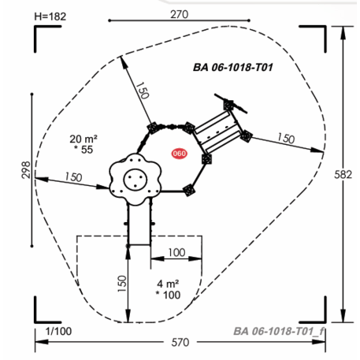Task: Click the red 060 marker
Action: click(x=179, y=154)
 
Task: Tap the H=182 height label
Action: click(x=50, y=17)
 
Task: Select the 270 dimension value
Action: click(x=179, y=14)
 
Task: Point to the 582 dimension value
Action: click(x=343, y=175)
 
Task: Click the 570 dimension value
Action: click(x=180, y=343)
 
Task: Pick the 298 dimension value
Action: click(x=26, y=170)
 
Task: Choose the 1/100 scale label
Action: click(x=58, y=332)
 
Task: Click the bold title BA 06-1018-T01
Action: click(x=233, y=68)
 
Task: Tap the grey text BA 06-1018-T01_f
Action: click(x=279, y=332)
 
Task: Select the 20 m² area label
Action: click(x=84, y=139)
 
